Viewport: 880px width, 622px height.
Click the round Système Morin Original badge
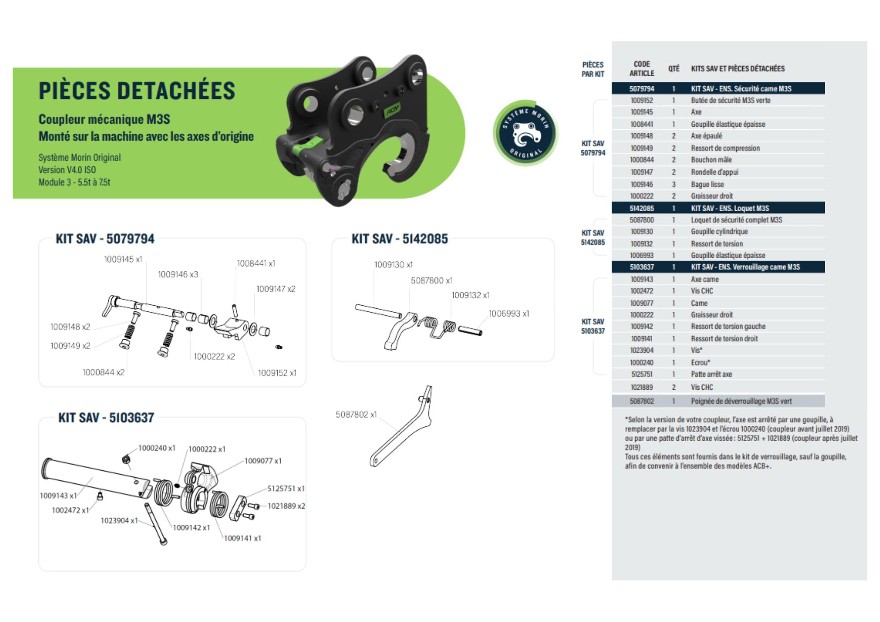coord(525,133)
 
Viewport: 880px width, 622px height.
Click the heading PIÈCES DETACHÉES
coord(137,91)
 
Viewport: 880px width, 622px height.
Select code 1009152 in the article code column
coord(642,100)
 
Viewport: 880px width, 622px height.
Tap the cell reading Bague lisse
coord(707,184)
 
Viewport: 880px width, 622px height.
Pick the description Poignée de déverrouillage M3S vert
coord(741,401)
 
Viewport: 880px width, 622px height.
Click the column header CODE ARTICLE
coord(642,69)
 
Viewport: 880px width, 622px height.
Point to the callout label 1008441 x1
coord(256,263)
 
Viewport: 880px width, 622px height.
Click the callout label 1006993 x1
coord(509,314)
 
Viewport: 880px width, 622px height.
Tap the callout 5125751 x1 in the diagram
coord(286,489)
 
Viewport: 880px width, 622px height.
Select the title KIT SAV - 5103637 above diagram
coord(106,417)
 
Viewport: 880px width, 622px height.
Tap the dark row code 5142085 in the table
coord(642,208)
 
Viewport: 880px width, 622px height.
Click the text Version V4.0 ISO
coord(67,170)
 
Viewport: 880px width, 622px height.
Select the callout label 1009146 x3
coord(178,274)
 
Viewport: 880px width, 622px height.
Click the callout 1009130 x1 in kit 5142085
coord(393,265)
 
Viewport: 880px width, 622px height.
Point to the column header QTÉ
coord(674,69)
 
